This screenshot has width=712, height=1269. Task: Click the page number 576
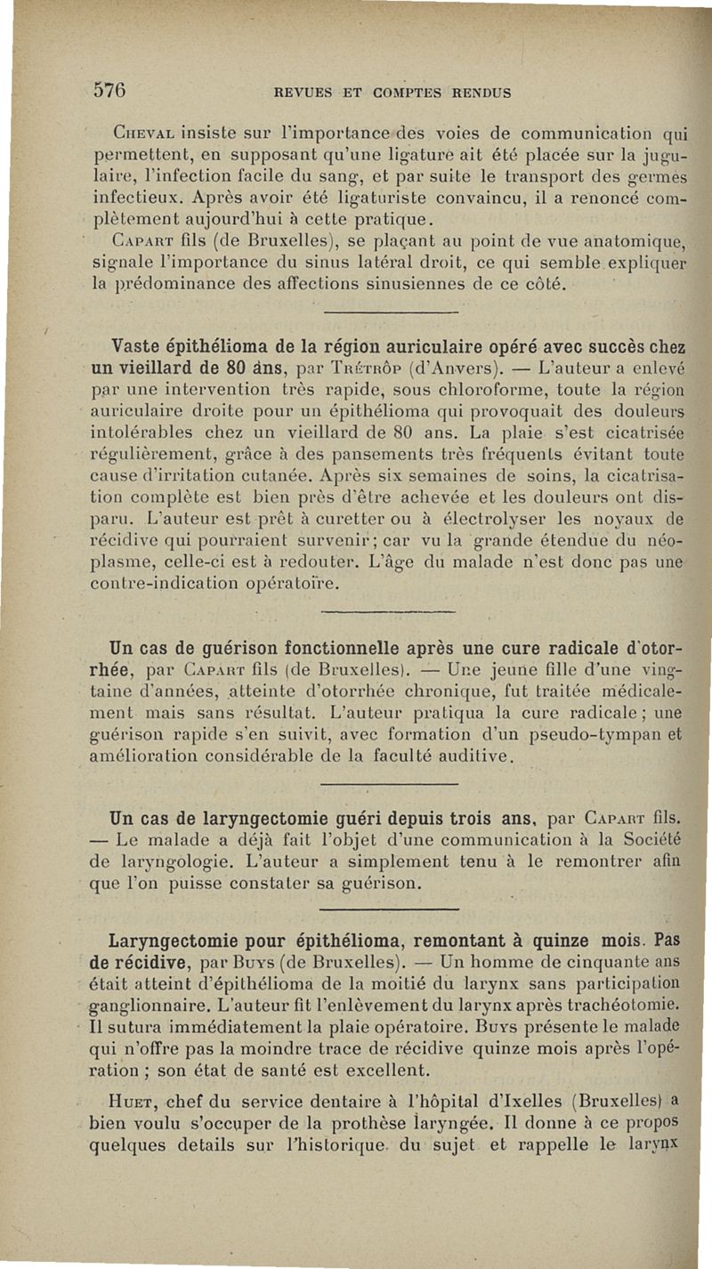click(x=110, y=90)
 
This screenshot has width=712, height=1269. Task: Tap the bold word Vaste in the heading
click(x=139, y=346)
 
